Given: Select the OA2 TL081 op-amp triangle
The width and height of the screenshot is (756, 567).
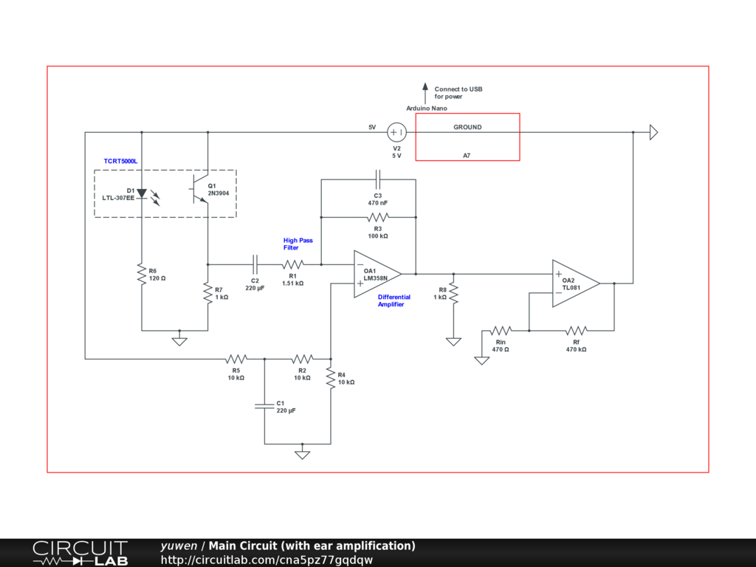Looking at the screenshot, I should coord(575,283).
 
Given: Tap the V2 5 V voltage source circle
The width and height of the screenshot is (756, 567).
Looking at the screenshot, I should coord(396,132).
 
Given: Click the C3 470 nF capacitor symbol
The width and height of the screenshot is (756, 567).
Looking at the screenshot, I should coord(377,179).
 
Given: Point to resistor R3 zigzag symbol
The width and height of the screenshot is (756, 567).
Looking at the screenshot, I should coord(377,217).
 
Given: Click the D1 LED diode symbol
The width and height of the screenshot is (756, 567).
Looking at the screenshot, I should coord(142,193).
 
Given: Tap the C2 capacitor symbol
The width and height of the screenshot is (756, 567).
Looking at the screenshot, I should coord(255,264).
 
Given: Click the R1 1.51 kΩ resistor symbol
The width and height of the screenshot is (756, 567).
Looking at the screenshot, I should coord(292,264).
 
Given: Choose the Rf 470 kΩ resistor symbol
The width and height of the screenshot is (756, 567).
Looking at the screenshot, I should coord(576,330).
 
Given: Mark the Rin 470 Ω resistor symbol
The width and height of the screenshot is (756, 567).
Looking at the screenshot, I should coord(501,330).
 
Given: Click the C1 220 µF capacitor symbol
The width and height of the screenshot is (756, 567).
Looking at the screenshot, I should coord(264,405).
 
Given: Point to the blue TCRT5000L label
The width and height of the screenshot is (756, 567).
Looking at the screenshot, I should coord(121,160).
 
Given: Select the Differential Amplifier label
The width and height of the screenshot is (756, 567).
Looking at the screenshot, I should coord(394,300).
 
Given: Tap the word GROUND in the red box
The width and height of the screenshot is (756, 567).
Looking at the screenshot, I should coord(467,127).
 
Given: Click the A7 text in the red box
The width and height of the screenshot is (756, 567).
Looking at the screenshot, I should coord(467,155).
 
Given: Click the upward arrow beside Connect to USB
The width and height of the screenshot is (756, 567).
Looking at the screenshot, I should coord(425,92).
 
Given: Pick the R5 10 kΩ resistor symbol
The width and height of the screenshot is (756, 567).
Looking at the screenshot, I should coord(236,359).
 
